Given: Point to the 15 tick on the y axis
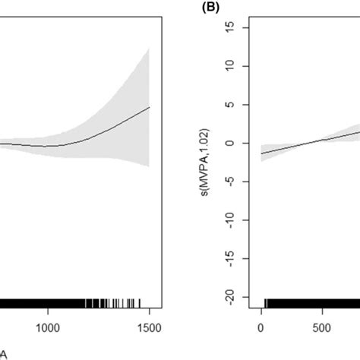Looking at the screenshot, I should (x=240, y=27).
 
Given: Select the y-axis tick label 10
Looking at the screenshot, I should (x=240, y=66).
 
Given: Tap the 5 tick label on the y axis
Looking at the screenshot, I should (x=240, y=104).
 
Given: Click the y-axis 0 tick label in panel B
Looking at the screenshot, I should (x=240, y=143).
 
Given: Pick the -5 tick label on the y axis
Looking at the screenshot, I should (x=240, y=181).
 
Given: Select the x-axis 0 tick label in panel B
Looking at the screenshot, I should (x=261, y=328).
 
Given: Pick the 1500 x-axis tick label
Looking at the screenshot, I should (x=149, y=328).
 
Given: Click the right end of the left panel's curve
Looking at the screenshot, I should (x=150, y=107).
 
